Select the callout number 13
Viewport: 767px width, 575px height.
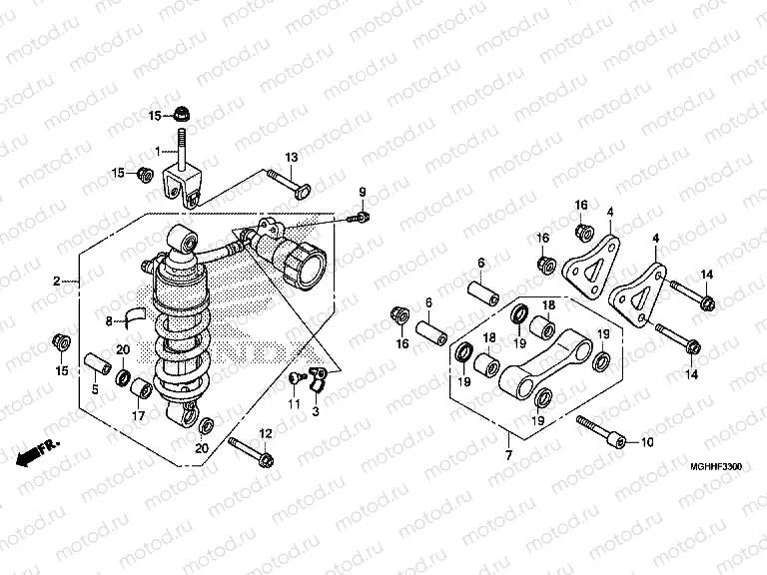click(291, 159)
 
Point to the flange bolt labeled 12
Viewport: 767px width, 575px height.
click(251, 450)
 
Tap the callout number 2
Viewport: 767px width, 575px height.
click(58, 282)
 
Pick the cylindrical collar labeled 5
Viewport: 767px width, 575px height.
click(97, 360)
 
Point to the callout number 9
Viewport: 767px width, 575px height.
click(363, 192)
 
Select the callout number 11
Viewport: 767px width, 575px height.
click(294, 403)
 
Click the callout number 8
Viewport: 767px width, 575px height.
click(111, 320)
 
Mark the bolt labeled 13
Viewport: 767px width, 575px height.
click(285, 181)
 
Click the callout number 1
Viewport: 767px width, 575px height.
click(157, 152)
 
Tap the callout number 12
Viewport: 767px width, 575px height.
click(266, 433)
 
